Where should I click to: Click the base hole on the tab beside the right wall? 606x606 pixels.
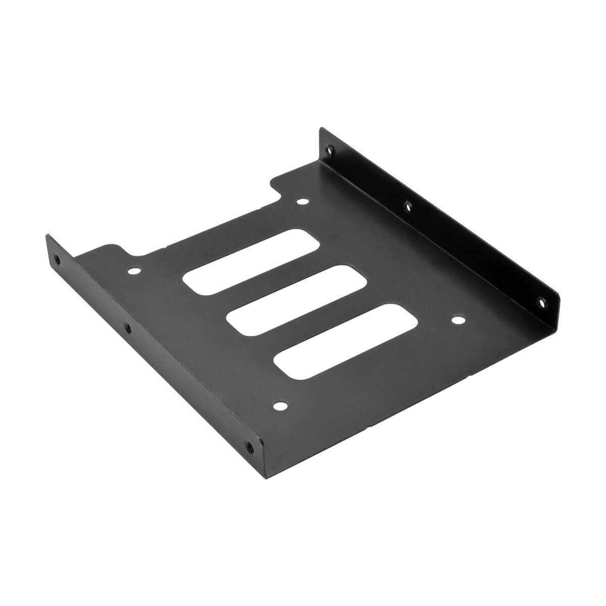302,202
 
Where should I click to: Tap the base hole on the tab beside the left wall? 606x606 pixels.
134,271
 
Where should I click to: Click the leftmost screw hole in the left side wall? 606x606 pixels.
57,262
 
